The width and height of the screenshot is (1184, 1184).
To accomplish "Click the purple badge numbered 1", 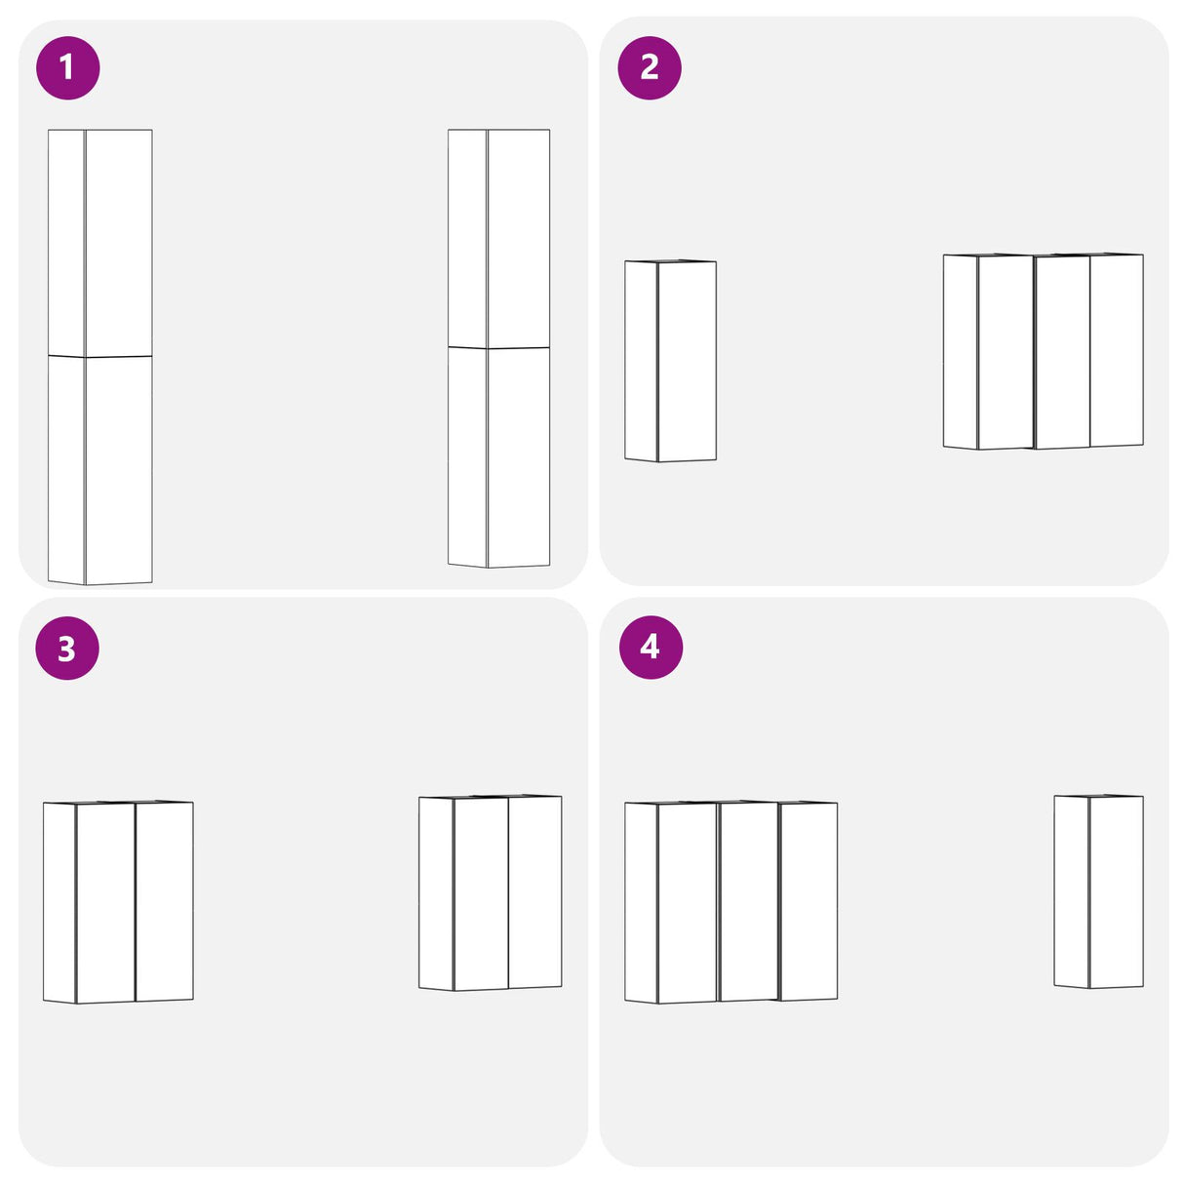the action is [67, 67].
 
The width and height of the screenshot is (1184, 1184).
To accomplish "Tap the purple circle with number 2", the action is [649, 67].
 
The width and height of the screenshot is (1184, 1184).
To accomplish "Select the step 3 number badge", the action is [67, 649].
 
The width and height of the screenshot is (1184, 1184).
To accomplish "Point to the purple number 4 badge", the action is [651, 648].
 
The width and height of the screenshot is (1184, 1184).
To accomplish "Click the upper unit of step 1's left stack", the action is [100, 243].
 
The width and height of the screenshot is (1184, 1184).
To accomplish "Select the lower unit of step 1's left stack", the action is [100, 469].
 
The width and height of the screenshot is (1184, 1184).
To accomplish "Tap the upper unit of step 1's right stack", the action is [498, 238].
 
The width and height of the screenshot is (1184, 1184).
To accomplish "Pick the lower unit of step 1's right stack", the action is [498, 457].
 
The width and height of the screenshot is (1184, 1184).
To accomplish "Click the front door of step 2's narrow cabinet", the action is [687, 361].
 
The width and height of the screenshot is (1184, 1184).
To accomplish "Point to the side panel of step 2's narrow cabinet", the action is [641, 361].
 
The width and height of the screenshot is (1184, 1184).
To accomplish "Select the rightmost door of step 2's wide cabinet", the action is [1116, 350].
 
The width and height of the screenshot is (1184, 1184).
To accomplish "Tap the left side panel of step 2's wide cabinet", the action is [960, 351].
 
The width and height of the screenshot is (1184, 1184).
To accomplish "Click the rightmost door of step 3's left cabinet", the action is [164, 901].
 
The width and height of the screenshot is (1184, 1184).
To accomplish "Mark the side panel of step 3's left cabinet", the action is [59, 902].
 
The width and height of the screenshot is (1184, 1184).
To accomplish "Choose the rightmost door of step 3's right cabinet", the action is [534, 892].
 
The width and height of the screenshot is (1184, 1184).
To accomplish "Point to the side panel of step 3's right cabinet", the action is [436, 893].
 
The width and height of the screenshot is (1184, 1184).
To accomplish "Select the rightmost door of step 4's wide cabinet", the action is [808, 901].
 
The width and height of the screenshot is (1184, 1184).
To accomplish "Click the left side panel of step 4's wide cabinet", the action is [641, 902].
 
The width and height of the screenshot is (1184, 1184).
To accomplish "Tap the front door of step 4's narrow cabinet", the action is [1116, 892].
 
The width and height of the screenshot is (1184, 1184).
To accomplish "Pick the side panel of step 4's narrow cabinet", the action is [1071, 891].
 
